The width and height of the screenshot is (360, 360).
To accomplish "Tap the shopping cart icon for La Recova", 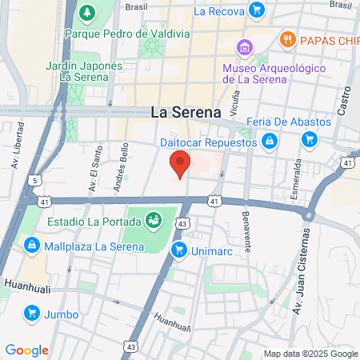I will [256, 10].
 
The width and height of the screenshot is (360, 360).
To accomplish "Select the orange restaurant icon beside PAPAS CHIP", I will [286, 38].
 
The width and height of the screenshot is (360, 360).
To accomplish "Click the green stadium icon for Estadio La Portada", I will [152, 218].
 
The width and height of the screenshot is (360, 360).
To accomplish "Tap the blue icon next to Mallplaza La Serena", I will [31, 245].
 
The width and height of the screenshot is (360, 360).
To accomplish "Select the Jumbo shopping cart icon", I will [31, 313].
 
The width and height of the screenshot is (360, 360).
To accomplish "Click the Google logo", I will [26, 350].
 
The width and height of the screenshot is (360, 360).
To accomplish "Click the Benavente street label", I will [247, 231].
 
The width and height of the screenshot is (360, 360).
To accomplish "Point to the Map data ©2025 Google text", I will [310, 354].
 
